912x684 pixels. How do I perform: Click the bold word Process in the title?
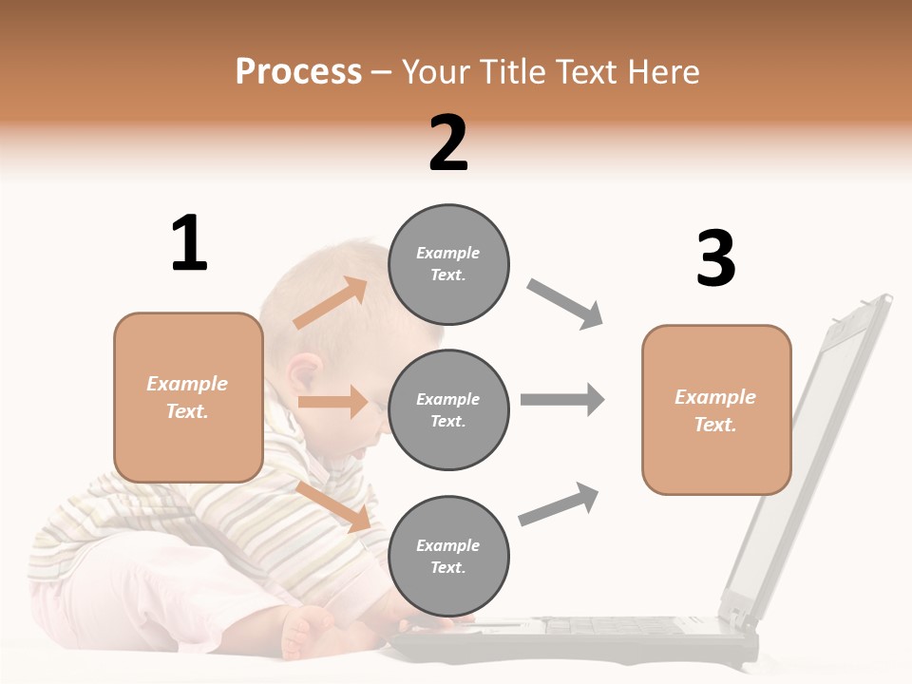tap(298, 71)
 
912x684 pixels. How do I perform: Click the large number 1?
tap(189, 243)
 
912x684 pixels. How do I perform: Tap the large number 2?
tap(448, 143)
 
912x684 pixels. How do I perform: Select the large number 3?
tap(715, 258)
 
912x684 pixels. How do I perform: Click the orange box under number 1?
tap(188, 397)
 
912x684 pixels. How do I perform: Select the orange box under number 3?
tap(716, 410)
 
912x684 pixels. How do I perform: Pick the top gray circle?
tap(448, 264)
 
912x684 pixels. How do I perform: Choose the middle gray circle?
tap(448, 409)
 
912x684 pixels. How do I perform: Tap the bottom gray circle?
tap(448, 556)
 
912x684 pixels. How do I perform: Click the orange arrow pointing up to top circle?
tap(331, 303)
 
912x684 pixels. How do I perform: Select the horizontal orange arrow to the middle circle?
tap(332, 402)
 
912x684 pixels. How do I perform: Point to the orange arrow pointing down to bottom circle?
tap(332, 504)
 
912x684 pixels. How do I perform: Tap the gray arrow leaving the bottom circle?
tap(560, 503)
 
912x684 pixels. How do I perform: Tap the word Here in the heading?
tap(661, 71)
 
